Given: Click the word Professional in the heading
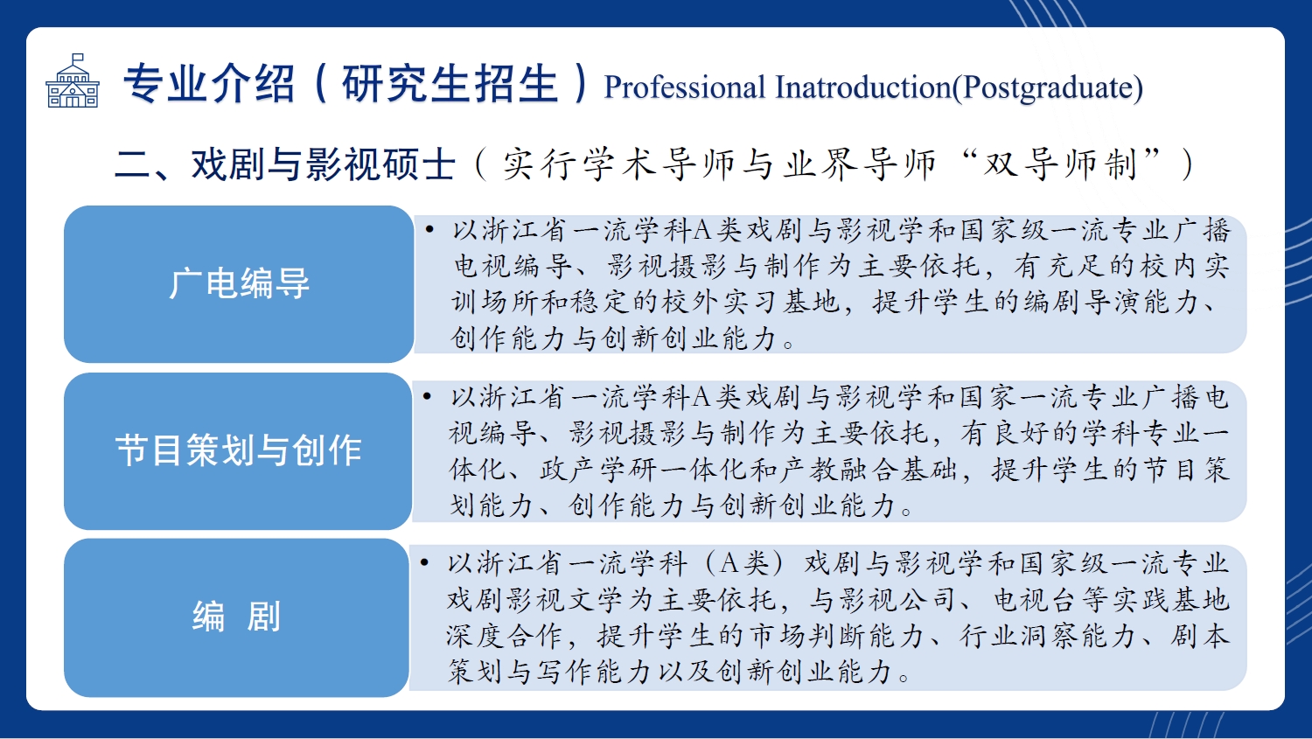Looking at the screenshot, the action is pos(684,87).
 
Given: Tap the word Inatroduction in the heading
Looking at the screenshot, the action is pos(862,87).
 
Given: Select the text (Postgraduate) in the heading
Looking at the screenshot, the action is pos(1047,88).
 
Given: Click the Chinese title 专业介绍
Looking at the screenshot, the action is pos(208,84).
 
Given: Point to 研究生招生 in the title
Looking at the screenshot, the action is pos(450,84).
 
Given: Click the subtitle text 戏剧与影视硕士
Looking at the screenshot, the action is pos(324,164).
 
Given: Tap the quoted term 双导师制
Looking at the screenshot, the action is pos(1060,164).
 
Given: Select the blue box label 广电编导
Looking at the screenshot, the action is pos(239,284).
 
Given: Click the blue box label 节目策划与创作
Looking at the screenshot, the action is pos(239,451).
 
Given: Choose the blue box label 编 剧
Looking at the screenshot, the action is pos(237,617).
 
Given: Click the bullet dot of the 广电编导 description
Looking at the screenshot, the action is pos(430,229).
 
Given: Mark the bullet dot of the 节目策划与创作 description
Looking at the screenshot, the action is pos(427,397).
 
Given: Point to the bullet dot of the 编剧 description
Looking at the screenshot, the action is pos(424,563).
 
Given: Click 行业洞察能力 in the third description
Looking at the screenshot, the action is pos(1048,636).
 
